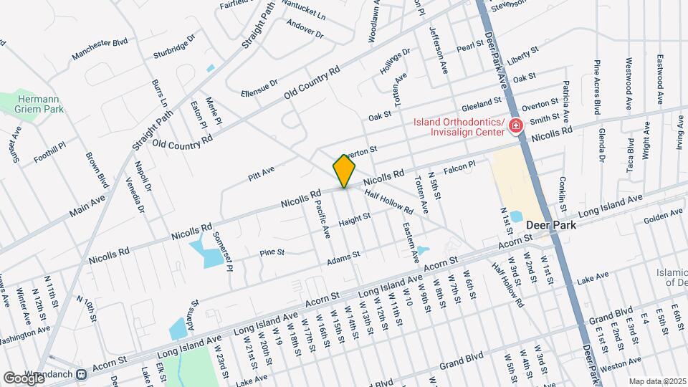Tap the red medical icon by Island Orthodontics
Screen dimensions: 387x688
pyautogui.click(x=515, y=127)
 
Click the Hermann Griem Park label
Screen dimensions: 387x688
pyautogui.click(x=42, y=104)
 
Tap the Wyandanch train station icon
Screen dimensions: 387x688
pyautogui.click(x=82, y=373)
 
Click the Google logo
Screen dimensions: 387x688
pyautogui.click(x=24, y=377)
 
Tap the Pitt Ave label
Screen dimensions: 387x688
pyautogui.click(x=262, y=171)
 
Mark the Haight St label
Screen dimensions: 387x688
pyautogui.click(x=354, y=221)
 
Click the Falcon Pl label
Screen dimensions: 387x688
pyautogui.click(x=459, y=168)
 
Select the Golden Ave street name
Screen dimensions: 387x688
pyautogui.click(x=663, y=215)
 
